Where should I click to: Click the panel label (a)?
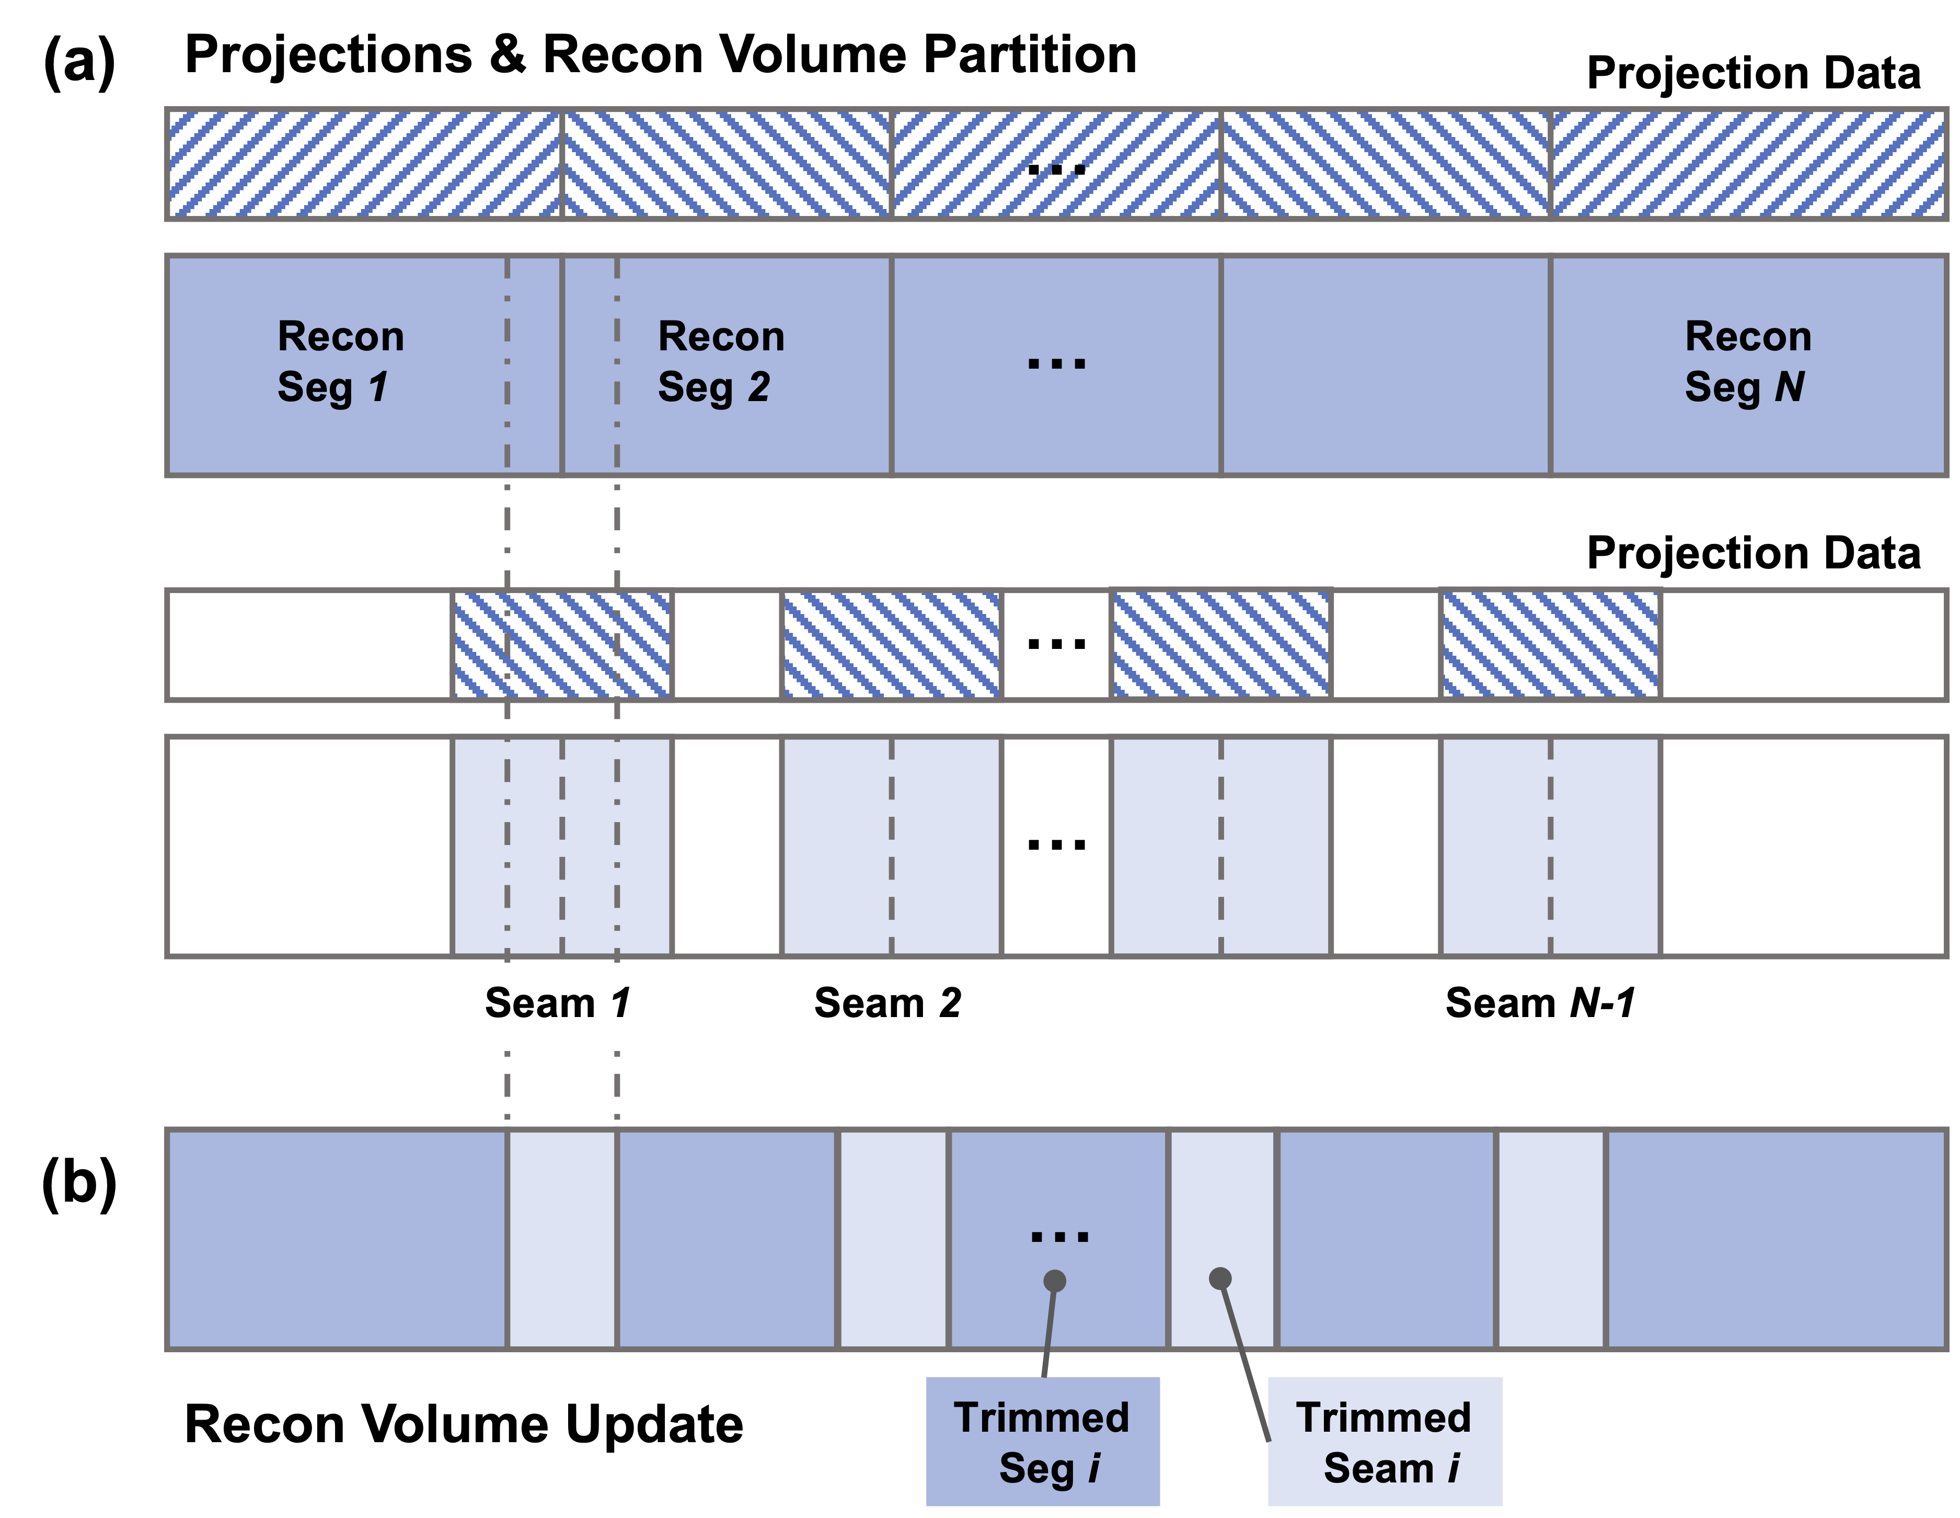pos(79,63)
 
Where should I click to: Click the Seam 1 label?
pos(557,1003)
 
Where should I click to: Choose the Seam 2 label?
pos(886,1003)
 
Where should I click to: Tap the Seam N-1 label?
pos(1540,1003)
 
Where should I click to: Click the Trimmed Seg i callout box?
pos(1042,1441)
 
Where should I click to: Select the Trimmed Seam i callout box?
pos(1384,1441)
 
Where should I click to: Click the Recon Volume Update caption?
pos(463,1424)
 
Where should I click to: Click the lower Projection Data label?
pos(1753,553)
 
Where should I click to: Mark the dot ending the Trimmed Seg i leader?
pos(1055,1281)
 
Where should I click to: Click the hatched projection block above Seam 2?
pos(891,645)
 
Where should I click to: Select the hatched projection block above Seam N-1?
pos(1550,645)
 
